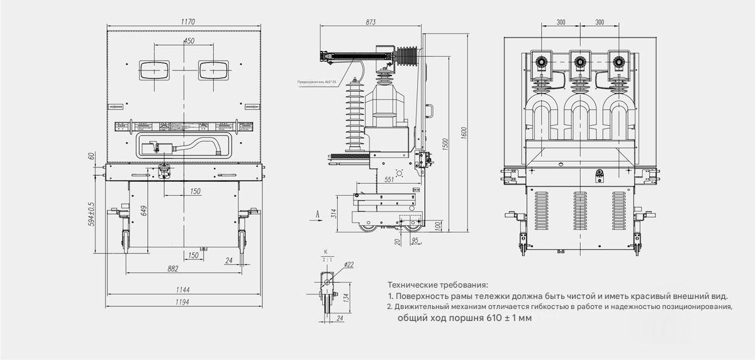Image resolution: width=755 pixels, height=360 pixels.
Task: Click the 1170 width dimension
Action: [x=187, y=21]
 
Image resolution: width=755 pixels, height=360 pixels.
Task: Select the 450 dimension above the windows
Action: [x=188, y=41]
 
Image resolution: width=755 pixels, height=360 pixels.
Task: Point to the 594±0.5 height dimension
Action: [x=91, y=214]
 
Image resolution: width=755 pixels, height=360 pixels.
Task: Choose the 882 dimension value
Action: [x=173, y=269]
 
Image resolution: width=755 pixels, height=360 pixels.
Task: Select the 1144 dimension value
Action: [x=183, y=290]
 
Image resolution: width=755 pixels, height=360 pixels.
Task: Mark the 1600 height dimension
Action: [x=464, y=132]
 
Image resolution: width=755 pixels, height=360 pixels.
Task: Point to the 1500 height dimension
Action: [x=445, y=142]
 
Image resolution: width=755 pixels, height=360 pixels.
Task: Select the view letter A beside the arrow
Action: [x=318, y=215]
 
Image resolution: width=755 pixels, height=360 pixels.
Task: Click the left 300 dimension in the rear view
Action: [x=561, y=22]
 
